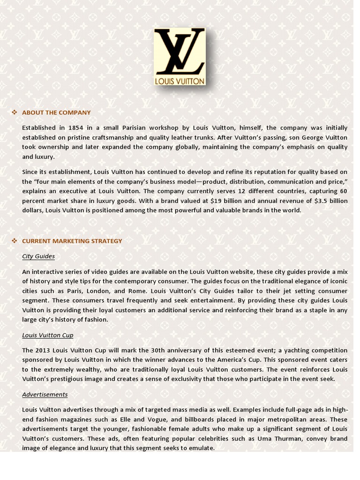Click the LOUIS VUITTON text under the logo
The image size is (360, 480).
(x=180, y=81)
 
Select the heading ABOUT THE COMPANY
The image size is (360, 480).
(x=56, y=112)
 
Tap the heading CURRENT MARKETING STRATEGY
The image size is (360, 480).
(x=72, y=241)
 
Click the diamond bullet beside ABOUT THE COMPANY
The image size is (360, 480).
(x=14, y=112)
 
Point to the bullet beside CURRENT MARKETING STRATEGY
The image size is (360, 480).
(x=14, y=240)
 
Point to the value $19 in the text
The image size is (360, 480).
(x=217, y=201)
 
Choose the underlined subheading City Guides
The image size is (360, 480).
(x=38, y=256)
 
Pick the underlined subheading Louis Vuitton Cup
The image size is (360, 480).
(x=48, y=335)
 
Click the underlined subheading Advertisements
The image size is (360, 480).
(x=45, y=395)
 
